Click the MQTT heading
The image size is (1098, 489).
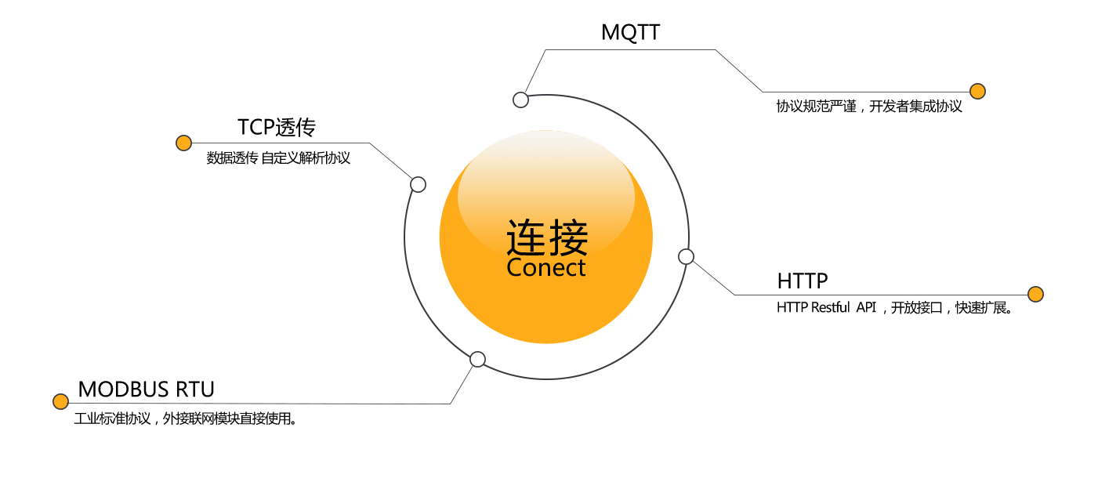click(x=630, y=32)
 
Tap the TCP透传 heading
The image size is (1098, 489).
click(x=277, y=127)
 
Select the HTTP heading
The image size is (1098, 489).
click(x=803, y=280)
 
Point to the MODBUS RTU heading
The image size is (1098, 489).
click(x=146, y=389)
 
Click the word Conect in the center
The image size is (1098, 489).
click(x=546, y=268)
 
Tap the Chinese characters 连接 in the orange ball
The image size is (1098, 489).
click(x=546, y=237)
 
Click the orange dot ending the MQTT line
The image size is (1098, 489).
click(x=977, y=91)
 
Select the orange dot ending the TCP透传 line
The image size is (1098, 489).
click(x=183, y=143)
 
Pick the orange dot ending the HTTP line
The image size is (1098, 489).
click(x=1035, y=294)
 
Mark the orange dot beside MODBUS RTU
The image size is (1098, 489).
click(x=60, y=401)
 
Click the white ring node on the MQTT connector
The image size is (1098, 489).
click(x=520, y=100)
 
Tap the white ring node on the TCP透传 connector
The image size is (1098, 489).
click(x=418, y=184)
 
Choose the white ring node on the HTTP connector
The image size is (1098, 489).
click(x=686, y=256)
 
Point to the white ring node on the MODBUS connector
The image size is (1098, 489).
click(x=477, y=360)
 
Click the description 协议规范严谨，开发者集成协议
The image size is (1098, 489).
click(x=869, y=107)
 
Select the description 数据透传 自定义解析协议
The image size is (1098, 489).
click(x=278, y=158)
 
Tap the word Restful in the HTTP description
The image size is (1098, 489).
click(x=830, y=308)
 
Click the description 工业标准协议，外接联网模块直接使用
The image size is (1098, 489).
click(x=185, y=418)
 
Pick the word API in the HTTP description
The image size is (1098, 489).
click(x=866, y=308)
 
